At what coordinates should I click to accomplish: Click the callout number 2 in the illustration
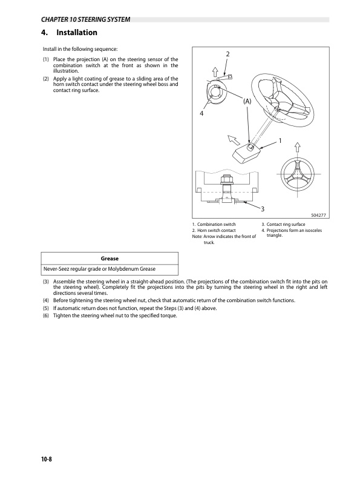(227, 55)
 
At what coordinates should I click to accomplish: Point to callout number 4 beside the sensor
(201, 114)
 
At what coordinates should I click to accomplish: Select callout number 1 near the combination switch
(281, 140)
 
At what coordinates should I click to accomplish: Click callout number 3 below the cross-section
(263, 209)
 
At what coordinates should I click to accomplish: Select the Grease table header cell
(110, 259)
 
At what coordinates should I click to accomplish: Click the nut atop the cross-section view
(226, 179)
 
